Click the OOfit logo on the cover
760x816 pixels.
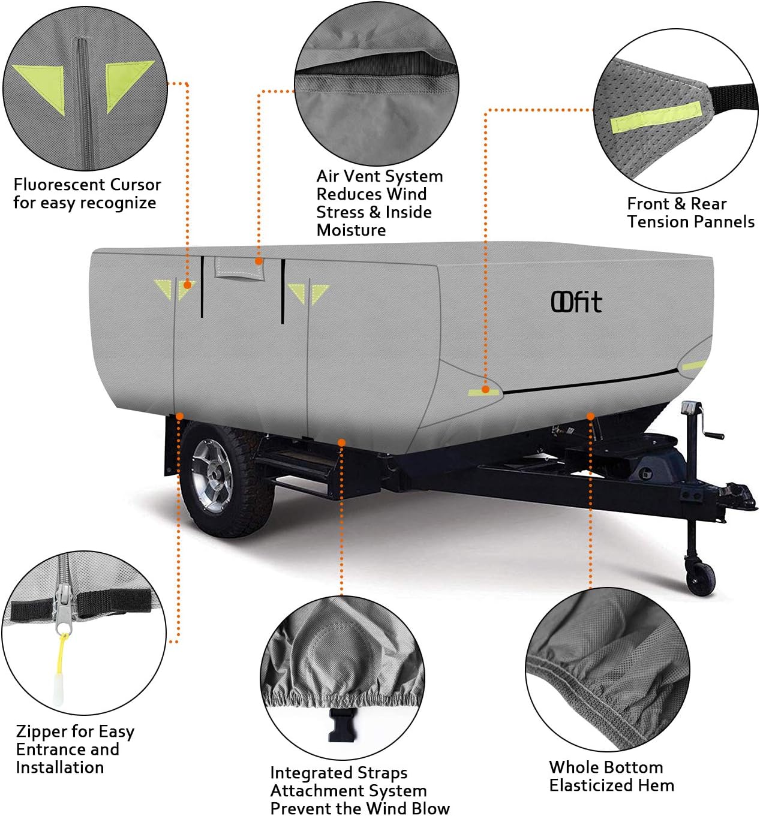[x=576, y=302]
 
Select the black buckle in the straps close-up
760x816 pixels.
[x=341, y=725]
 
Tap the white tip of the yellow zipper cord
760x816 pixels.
[x=59, y=691]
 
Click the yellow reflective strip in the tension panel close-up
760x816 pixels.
[x=656, y=118]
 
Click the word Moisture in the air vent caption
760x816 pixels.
[x=351, y=230]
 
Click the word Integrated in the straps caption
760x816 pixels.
[x=308, y=773]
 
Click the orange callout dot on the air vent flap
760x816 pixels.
[x=259, y=261]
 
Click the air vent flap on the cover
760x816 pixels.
[x=239, y=268]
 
